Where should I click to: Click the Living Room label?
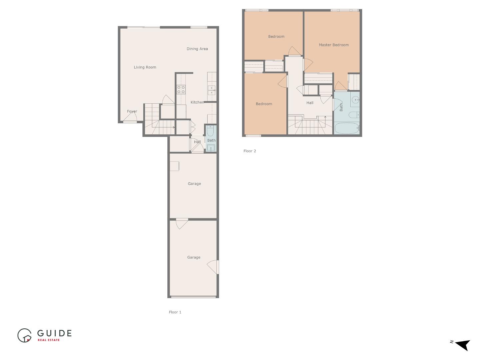(x=145, y=67)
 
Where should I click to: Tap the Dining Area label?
(x=197, y=49)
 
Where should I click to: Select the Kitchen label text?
(x=197, y=102)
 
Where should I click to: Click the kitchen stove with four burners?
(x=181, y=89)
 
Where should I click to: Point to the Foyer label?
(x=132, y=112)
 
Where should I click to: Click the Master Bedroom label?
(x=334, y=45)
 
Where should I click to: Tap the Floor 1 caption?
(x=175, y=312)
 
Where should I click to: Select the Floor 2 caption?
(x=250, y=151)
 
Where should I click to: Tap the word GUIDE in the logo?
(x=54, y=333)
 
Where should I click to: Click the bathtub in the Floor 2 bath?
(x=347, y=128)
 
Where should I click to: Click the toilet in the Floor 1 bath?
(x=210, y=130)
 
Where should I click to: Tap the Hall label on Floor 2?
(x=310, y=103)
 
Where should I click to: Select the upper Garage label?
(x=194, y=184)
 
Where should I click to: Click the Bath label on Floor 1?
(x=211, y=140)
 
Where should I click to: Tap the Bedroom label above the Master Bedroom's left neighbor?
(x=276, y=37)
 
